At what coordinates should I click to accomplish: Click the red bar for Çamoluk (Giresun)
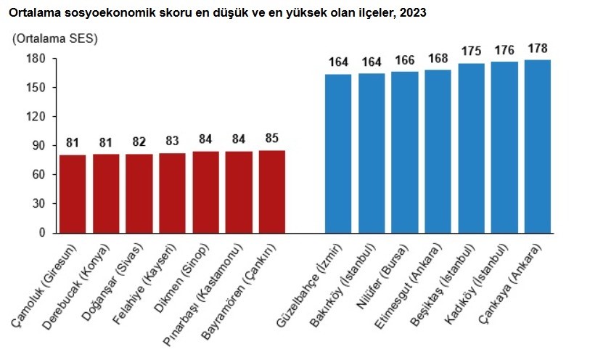pos(73,194)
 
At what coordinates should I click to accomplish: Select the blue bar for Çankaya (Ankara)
pos(537,147)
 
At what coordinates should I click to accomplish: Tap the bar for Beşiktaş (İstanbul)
pos(471,149)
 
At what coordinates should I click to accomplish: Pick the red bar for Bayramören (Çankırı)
pos(272,192)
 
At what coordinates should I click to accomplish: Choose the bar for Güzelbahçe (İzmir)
pos(338,153)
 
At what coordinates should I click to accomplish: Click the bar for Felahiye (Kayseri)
pos(172,193)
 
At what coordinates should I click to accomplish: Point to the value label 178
pos(538,49)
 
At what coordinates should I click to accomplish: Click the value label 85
pos(272,138)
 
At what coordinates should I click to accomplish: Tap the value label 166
pos(405,61)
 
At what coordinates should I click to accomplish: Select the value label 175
pos(471,52)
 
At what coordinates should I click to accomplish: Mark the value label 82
pos(139,142)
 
